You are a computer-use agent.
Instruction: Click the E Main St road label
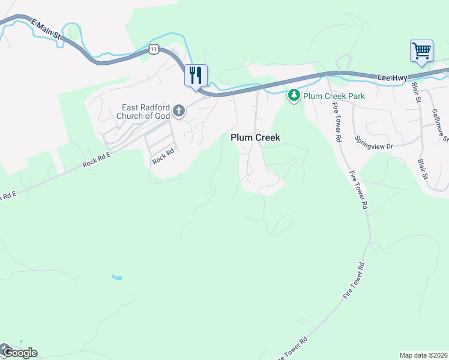tap(47, 29)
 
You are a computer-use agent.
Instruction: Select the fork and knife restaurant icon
tap(196, 76)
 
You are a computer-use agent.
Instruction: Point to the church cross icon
tap(179, 110)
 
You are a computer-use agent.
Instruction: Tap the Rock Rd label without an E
tap(163, 157)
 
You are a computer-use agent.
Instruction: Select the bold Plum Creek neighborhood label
tap(255, 137)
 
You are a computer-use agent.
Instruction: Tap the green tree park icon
tap(294, 95)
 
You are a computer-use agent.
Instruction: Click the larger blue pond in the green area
tap(117, 278)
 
